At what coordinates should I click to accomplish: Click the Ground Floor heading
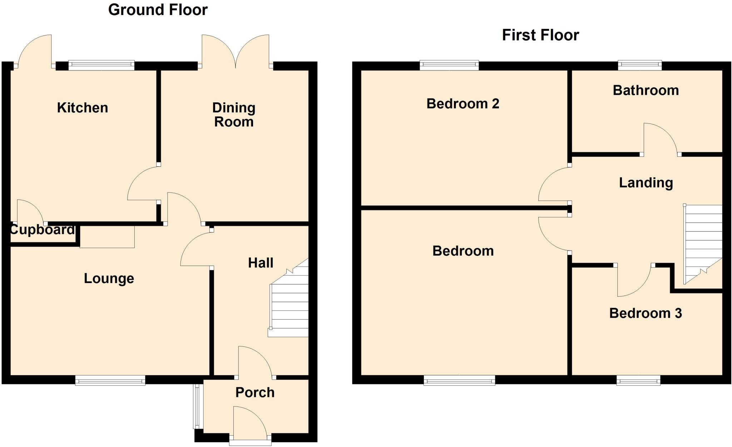(158, 10)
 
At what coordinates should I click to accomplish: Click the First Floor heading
(540, 35)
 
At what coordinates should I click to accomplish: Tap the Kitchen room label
(82, 108)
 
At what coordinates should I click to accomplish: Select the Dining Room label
(234, 115)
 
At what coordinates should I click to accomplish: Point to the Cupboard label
(42, 229)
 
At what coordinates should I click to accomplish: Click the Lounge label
(109, 278)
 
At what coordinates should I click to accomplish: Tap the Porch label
(255, 393)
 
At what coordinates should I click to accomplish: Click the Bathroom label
(646, 90)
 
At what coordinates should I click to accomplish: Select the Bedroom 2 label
(463, 104)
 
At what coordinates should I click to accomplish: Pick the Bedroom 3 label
(645, 313)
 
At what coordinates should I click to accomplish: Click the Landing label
(646, 183)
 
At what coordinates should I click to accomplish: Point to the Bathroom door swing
(659, 140)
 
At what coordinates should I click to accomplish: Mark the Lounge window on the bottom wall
(110, 380)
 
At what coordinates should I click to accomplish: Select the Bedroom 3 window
(638, 380)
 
